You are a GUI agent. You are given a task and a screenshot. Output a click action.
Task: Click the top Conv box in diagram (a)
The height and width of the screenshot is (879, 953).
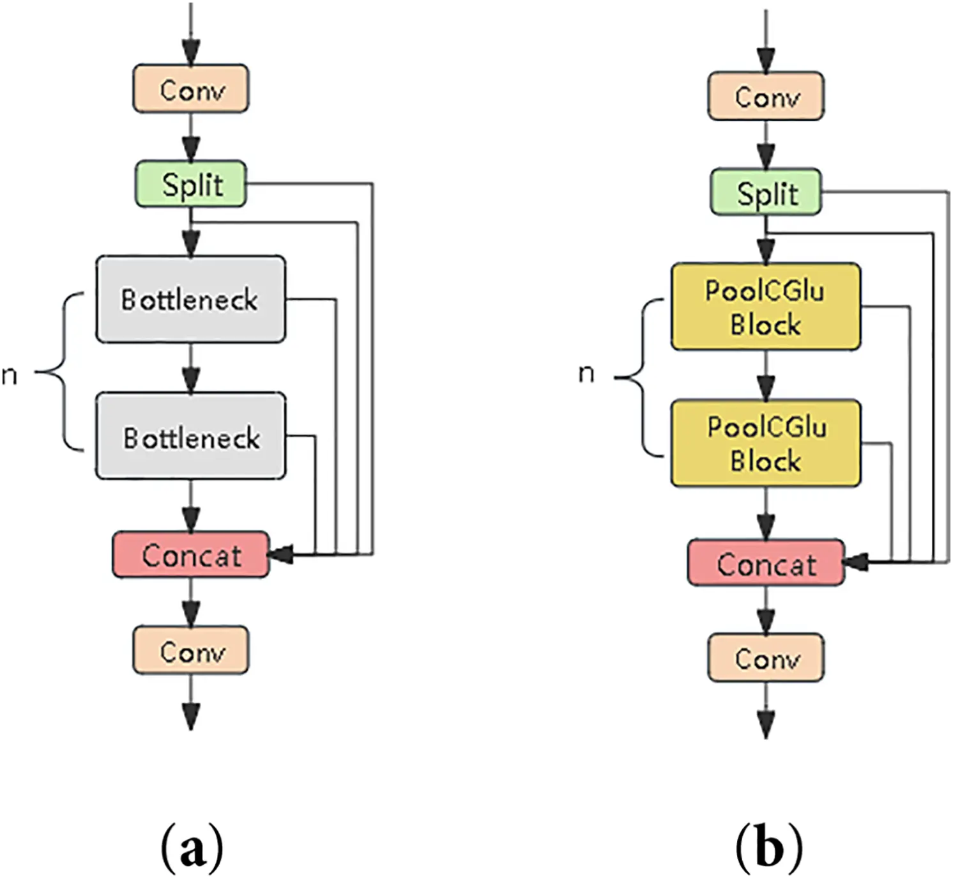(x=190, y=89)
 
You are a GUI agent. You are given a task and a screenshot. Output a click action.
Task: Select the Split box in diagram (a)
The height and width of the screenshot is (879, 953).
(x=190, y=184)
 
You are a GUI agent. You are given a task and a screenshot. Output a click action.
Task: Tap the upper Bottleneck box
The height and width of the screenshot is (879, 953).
(x=190, y=299)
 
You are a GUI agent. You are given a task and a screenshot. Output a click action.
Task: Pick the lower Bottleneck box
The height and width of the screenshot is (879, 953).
(x=190, y=436)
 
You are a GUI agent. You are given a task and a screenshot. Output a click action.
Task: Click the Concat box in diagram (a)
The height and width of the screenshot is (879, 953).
(x=190, y=554)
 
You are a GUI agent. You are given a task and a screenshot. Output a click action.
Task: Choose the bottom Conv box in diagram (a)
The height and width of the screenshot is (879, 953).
(x=190, y=650)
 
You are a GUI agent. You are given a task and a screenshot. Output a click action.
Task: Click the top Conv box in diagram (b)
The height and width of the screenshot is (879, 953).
(x=765, y=97)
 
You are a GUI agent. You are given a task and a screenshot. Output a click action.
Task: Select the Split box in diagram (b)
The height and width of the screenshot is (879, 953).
(x=765, y=192)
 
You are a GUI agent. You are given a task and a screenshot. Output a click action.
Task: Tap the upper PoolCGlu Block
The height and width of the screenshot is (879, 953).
(x=765, y=306)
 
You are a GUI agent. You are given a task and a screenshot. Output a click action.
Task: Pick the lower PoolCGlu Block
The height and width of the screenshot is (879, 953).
(x=765, y=443)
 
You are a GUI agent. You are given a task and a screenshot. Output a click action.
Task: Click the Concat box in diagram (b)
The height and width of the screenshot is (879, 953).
(x=765, y=563)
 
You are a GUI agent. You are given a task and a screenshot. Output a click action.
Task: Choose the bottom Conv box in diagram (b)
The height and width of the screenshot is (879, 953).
(x=765, y=658)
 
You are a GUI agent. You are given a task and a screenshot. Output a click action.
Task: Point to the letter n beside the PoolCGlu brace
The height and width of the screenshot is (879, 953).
(x=586, y=373)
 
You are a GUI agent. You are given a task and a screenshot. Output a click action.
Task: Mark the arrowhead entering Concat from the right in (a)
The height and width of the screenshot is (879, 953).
(x=280, y=554)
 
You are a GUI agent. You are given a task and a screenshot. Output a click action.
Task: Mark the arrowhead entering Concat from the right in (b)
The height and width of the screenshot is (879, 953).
(x=855, y=562)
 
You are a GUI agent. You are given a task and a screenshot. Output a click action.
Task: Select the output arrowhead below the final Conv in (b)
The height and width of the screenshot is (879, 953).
(x=765, y=724)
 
